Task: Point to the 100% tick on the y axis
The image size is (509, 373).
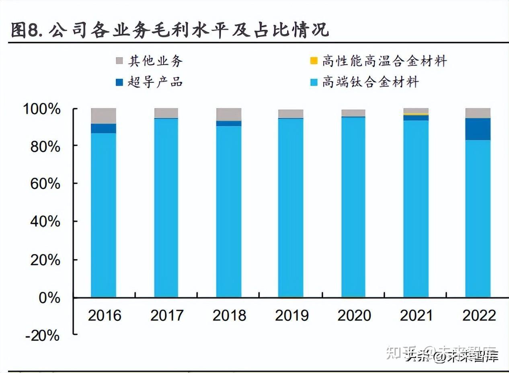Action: [42, 109]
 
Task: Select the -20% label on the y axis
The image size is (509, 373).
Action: [42, 335]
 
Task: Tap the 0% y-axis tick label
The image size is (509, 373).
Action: [49, 298]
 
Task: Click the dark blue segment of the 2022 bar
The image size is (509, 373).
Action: [478, 129]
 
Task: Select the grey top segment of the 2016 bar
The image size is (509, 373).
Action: [103, 116]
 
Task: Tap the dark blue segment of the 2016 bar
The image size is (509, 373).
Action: [103, 128]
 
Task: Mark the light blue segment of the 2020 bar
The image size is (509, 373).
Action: [353, 207]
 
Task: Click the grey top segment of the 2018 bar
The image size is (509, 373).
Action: [229, 114]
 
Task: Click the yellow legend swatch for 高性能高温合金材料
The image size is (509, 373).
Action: [314, 61]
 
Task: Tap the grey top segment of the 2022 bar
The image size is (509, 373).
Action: [478, 113]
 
